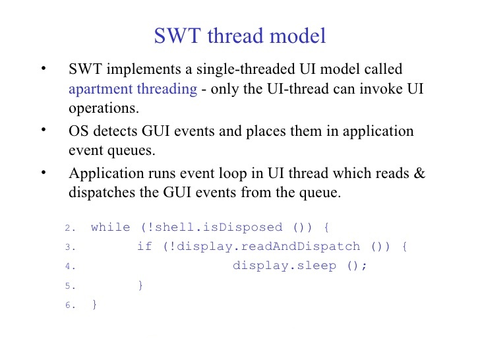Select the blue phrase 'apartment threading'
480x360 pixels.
click(x=133, y=90)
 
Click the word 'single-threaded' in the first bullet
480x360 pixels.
click(x=245, y=69)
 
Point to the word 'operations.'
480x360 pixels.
click(x=104, y=108)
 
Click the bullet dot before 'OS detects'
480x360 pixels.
click(x=44, y=129)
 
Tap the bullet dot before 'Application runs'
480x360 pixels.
click(x=44, y=172)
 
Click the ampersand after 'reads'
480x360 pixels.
click(x=419, y=173)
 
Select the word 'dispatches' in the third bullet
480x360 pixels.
click(x=102, y=193)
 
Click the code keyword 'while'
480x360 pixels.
click(x=111, y=227)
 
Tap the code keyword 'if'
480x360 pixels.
click(x=144, y=246)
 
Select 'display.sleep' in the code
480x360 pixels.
click(x=284, y=266)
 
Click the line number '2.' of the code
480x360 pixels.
click(x=70, y=227)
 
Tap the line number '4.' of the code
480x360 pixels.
click(x=70, y=266)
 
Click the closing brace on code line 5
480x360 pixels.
click(x=140, y=285)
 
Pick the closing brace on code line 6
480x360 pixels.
click(x=94, y=305)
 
